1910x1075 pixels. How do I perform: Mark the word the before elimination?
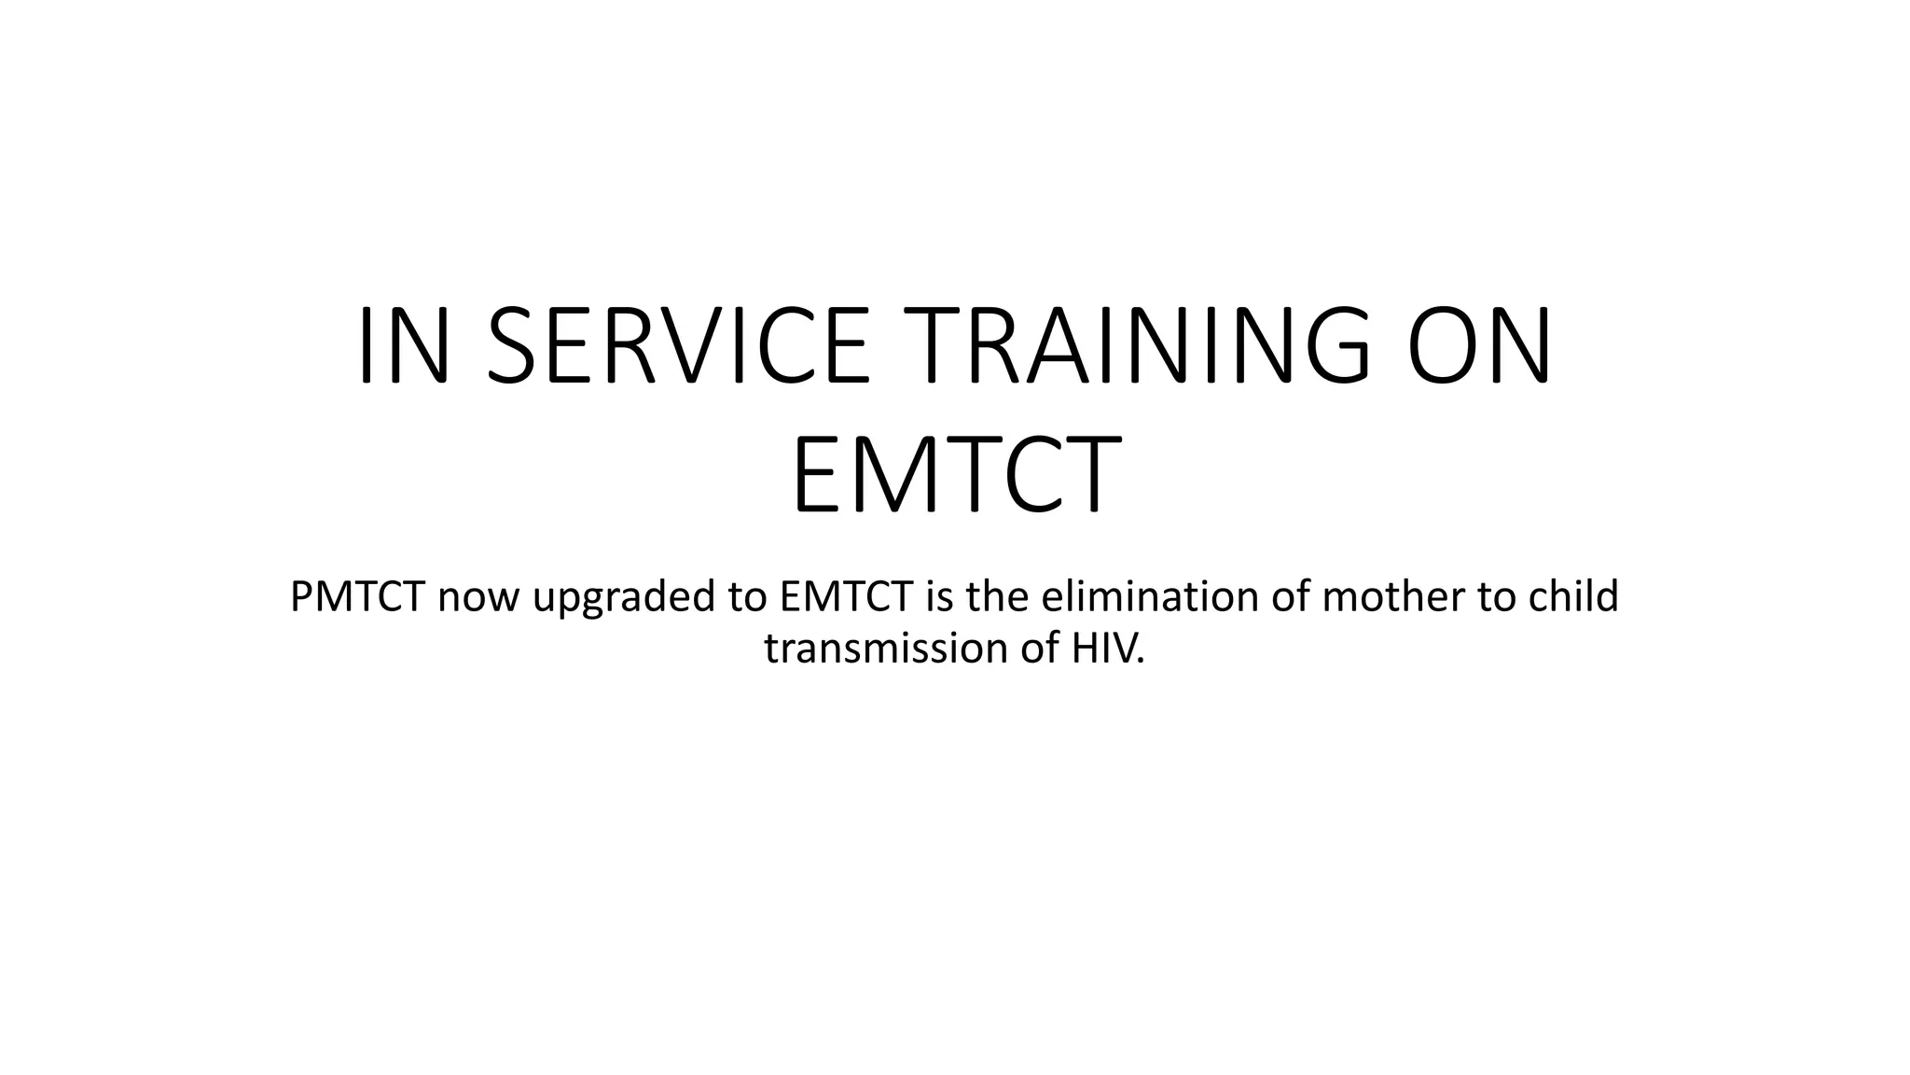998,597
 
